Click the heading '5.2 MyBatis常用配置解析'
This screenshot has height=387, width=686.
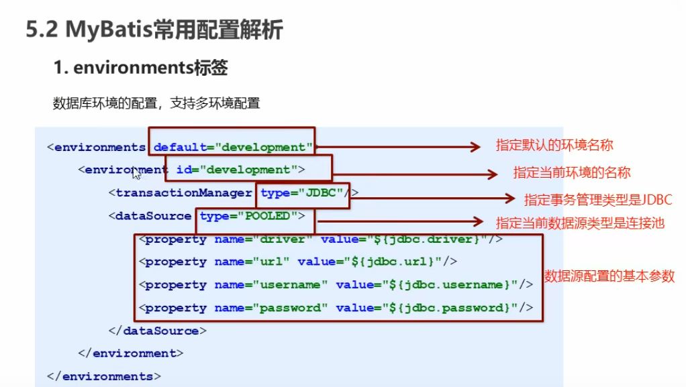(x=154, y=30)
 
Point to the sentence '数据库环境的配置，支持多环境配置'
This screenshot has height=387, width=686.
(x=156, y=103)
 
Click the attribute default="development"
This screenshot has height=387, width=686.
(x=233, y=147)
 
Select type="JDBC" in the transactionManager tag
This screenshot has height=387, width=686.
(x=302, y=193)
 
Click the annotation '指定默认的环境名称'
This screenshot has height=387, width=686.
(x=554, y=146)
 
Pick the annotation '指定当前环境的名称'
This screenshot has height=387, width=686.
(x=572, y=172)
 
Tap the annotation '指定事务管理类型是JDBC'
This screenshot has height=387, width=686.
(x=597, y=199)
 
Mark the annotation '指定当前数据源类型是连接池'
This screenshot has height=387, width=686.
(x=580, y=223)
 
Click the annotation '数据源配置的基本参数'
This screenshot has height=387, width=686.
(x=609, y=276)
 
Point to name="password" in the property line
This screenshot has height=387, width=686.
(x=271, y=308)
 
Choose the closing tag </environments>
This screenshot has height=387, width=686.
(x=104, y=376)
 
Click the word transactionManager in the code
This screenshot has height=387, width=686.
(x=184, y=193)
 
